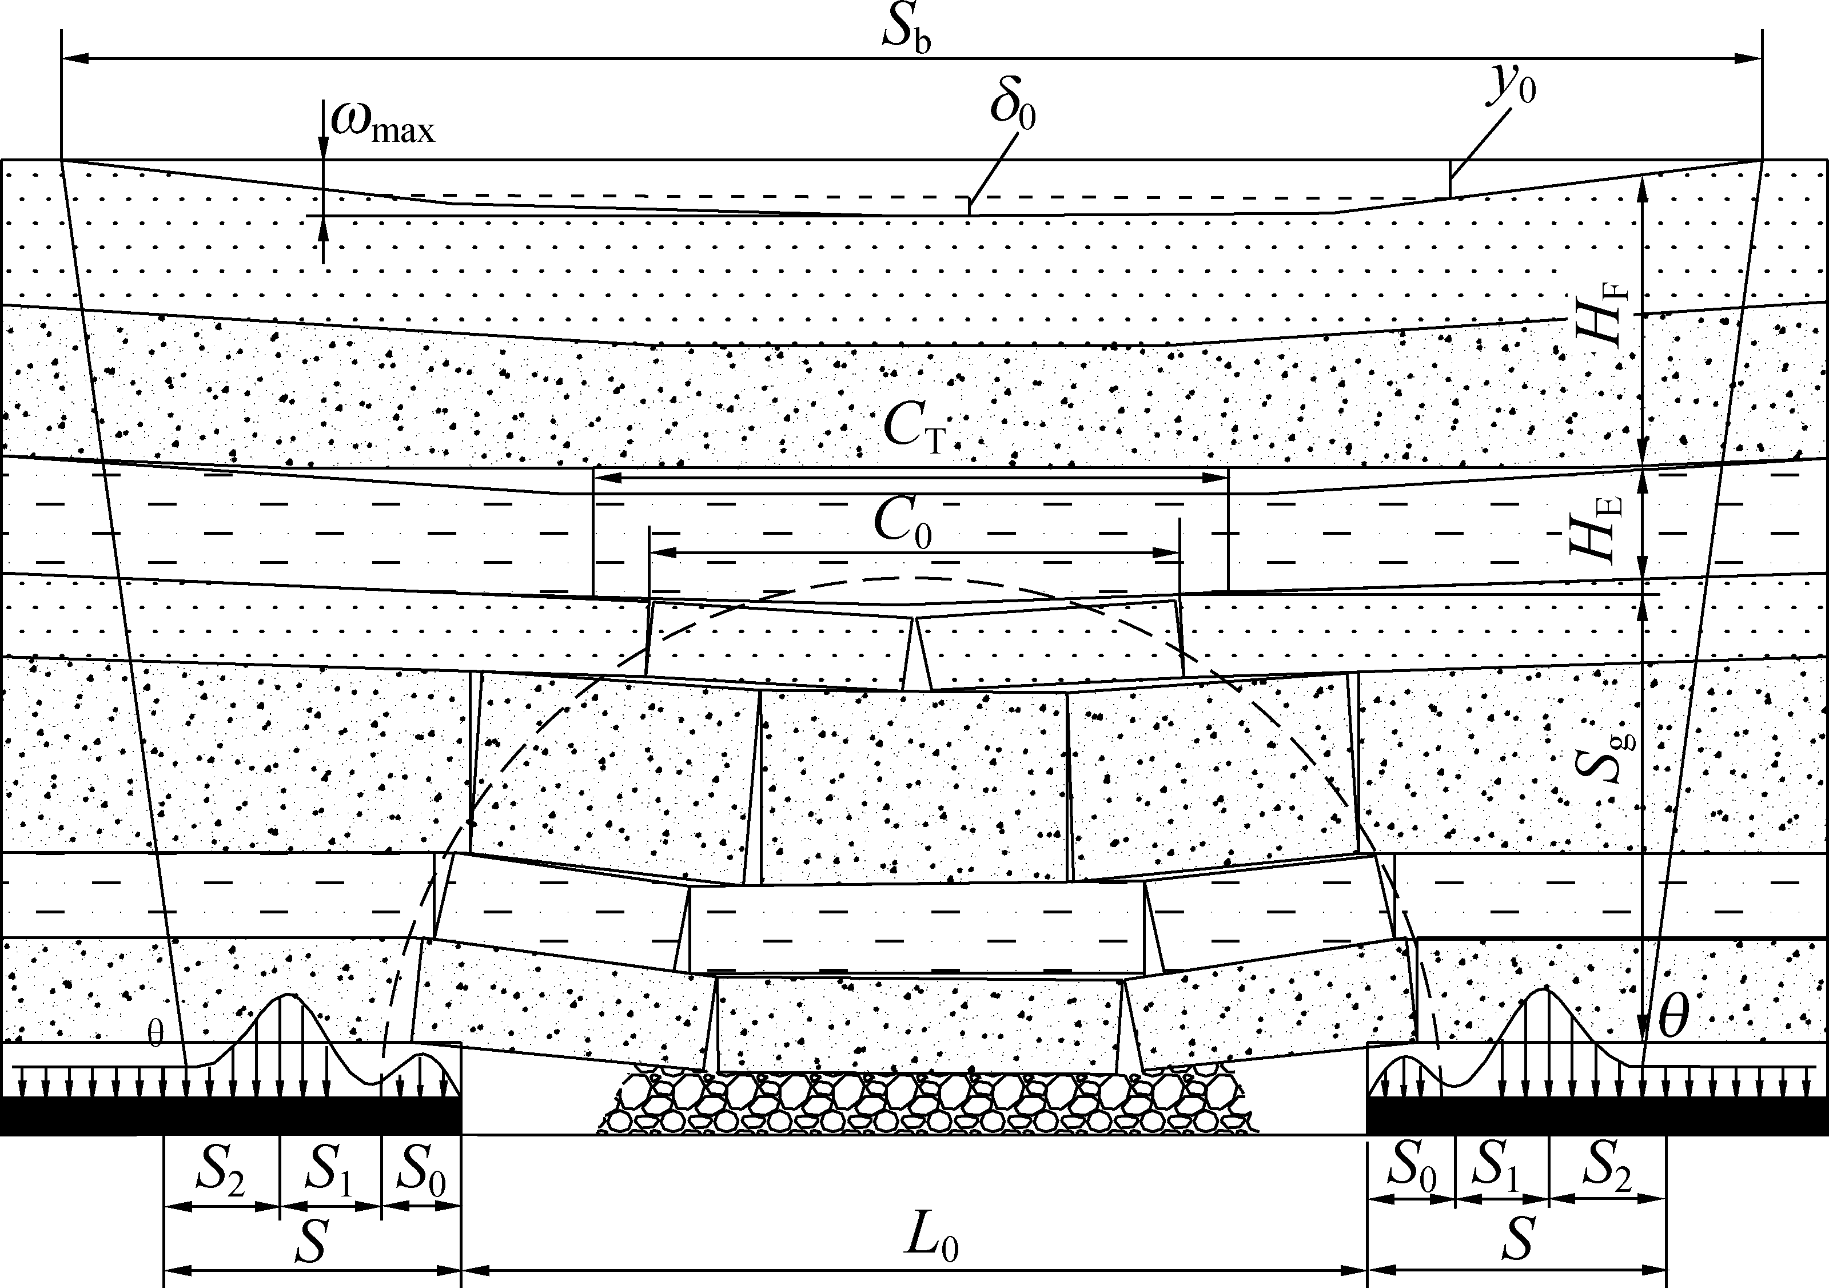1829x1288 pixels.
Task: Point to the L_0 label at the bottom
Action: click(930, 1241)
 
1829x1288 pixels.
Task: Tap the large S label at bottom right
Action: click(1519, 1241)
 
